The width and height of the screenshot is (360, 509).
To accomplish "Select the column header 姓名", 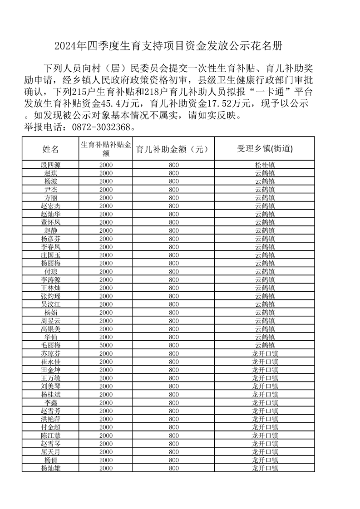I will coord(50,149).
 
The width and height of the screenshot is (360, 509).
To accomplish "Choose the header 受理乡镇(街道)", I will coord(265,149).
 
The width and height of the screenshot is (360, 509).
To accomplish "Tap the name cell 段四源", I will coord(50,165).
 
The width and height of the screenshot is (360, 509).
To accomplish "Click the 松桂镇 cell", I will coord(265,165).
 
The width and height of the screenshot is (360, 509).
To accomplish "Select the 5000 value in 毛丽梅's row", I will coord(106,345).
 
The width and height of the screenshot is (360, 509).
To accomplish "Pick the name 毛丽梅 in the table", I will coord(50,345).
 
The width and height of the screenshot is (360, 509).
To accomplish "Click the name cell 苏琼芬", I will coord(50,353).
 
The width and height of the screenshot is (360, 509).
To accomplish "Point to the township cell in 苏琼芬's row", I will coord(265,353).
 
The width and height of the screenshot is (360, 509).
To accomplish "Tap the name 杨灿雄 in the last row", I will coord(50,468).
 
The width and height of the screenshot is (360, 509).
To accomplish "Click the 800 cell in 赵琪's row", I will coord(174,173).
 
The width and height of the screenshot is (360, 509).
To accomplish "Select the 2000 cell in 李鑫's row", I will coord(106,403).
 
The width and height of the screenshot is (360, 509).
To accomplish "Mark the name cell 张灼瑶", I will coord(50,296).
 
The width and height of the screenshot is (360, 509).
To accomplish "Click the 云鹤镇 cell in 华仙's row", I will coord(265,337).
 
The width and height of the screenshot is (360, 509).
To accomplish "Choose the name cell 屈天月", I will coord(50,452).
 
